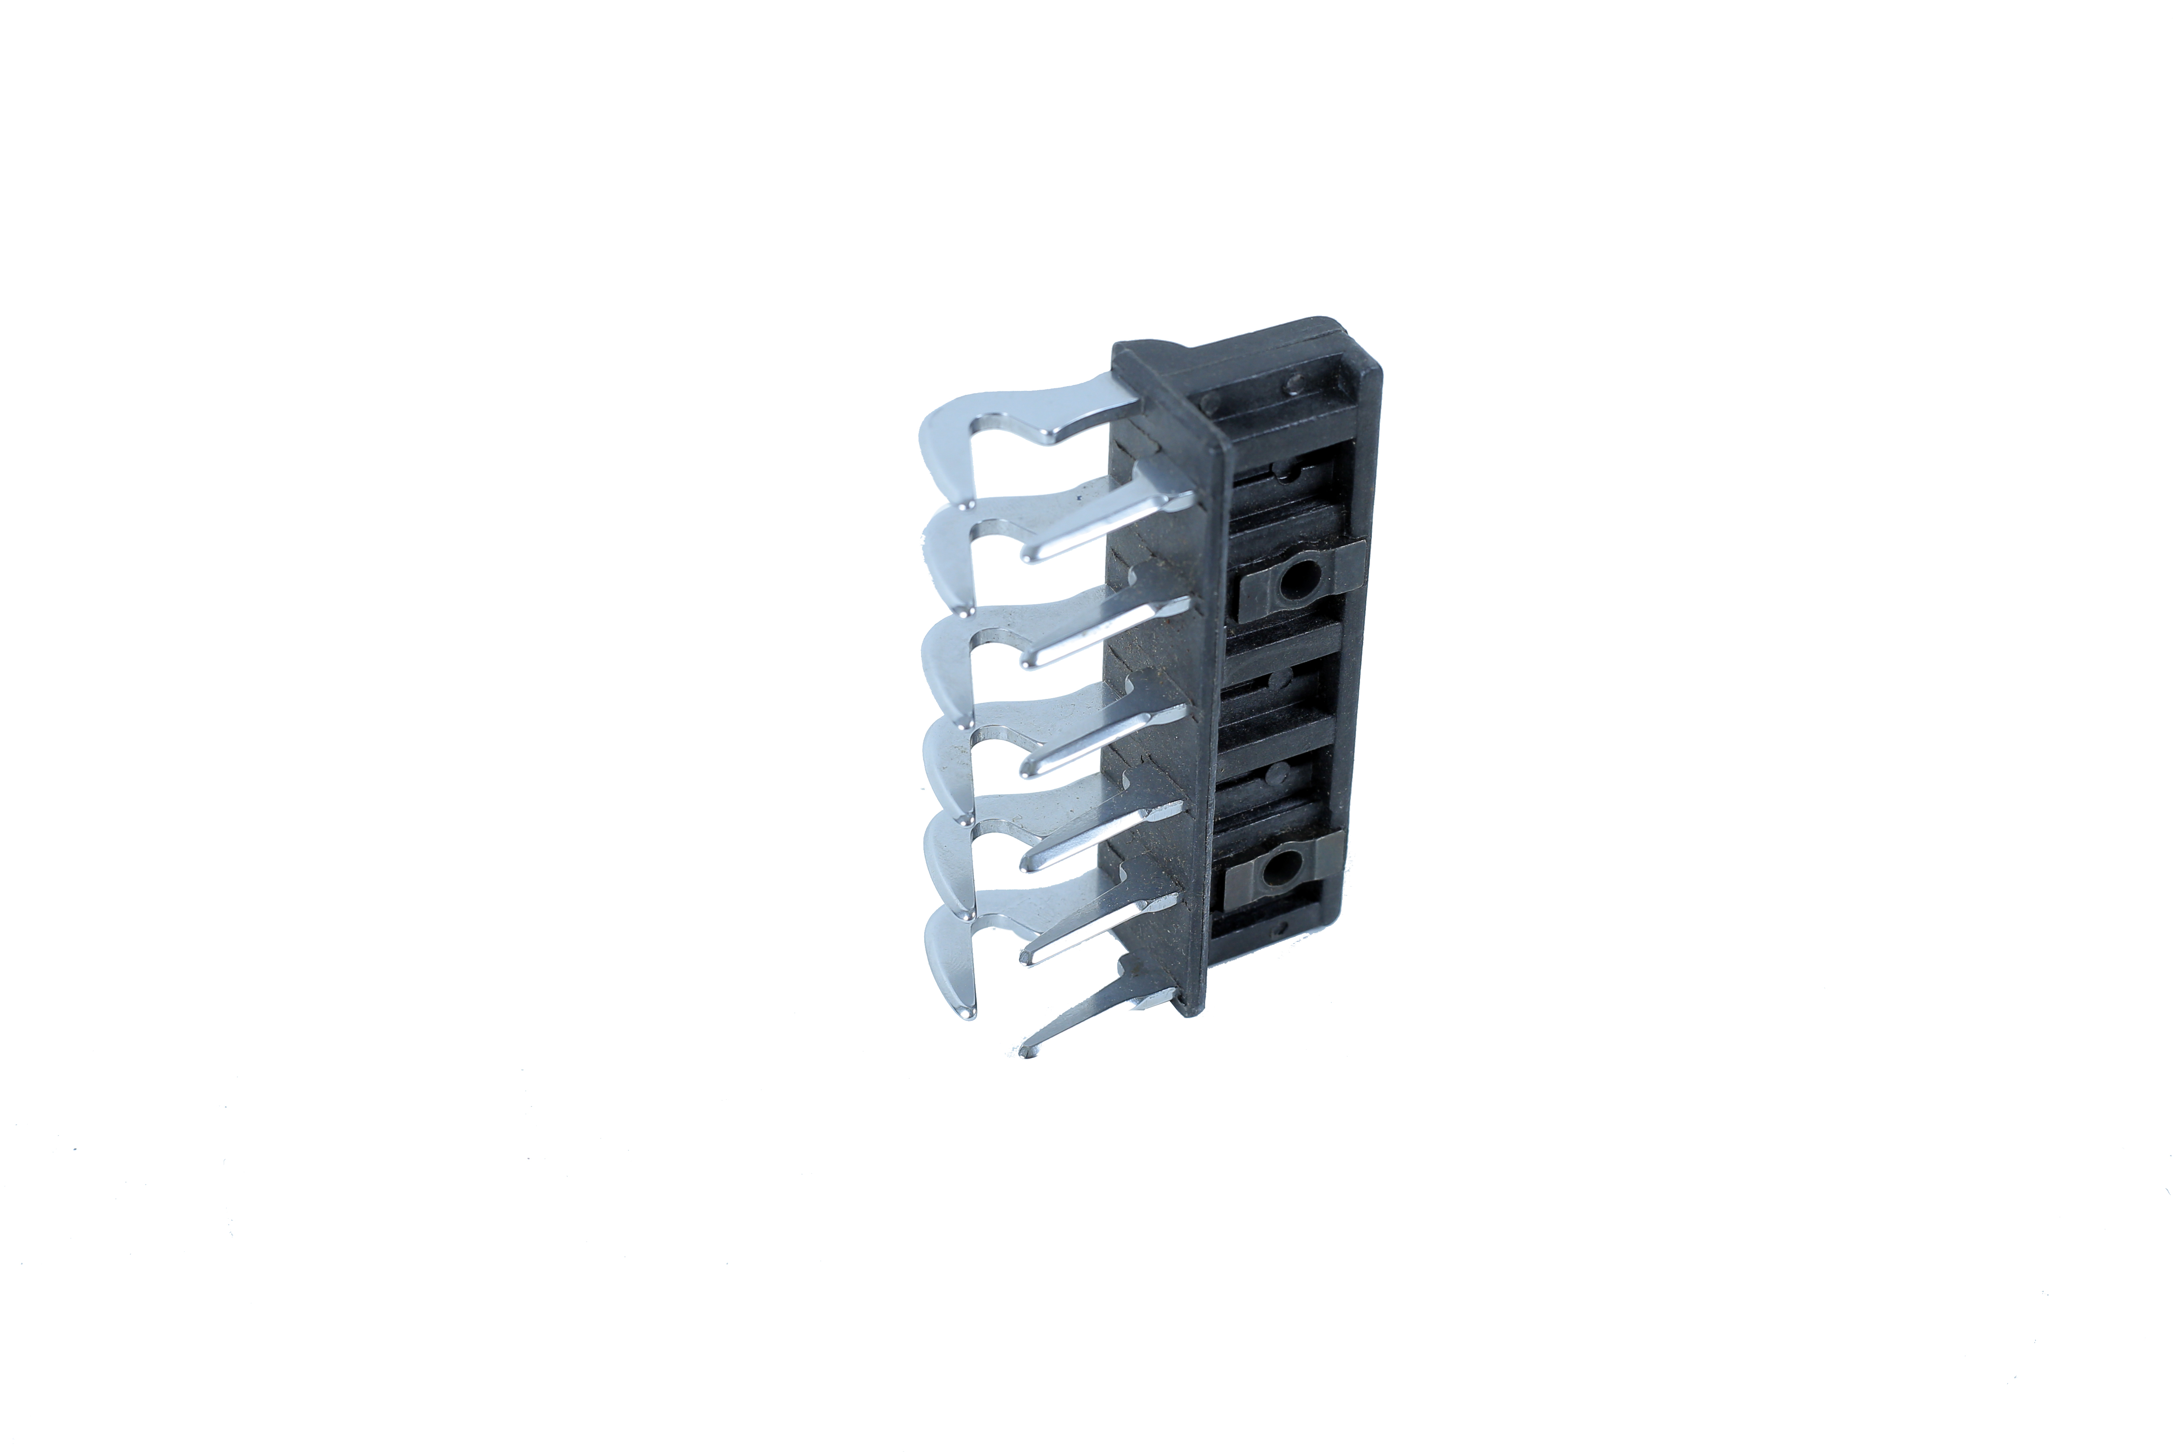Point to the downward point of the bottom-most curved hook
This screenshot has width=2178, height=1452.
pos(970,1013)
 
